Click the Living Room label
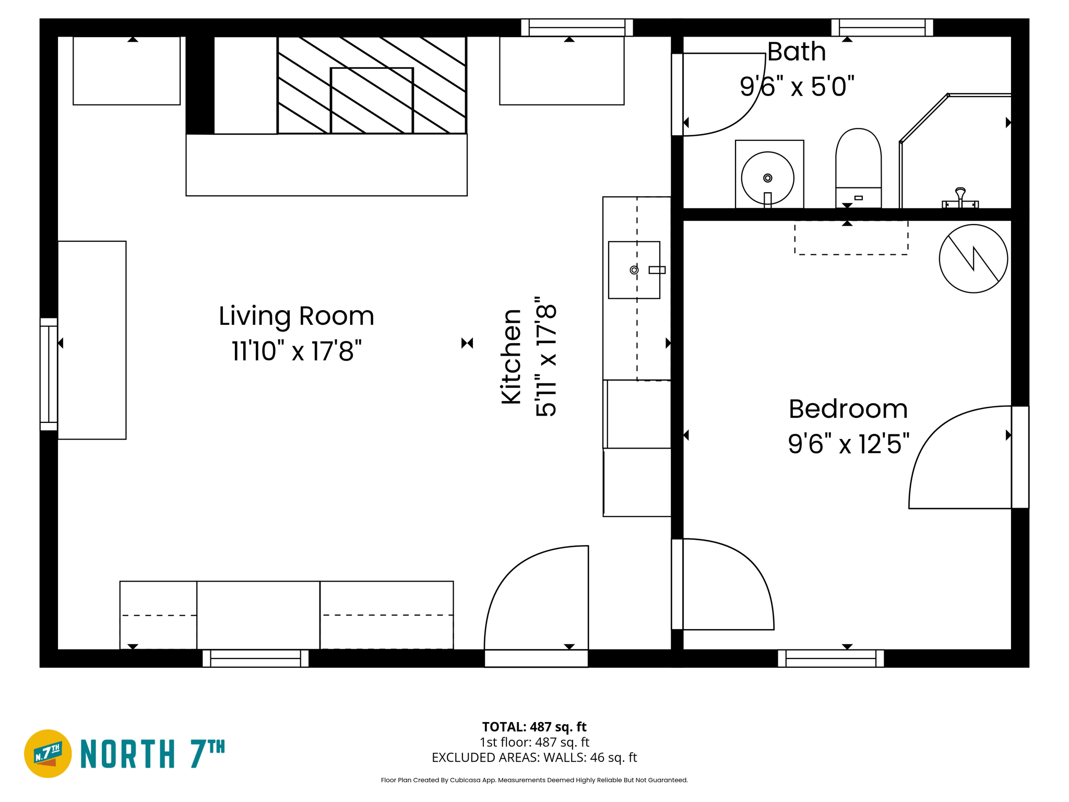coord(296,316)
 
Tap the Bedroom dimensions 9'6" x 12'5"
coord(848,444)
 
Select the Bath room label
coord(796,52)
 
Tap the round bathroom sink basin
coord(767,178)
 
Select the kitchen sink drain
coord(634,270)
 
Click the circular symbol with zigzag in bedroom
coord(973,258)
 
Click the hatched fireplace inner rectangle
coord(372,100)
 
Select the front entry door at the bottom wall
coord(536,658)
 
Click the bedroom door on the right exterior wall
coord(1020,457)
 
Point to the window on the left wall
coord(49,374)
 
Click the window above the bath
coord(882,27)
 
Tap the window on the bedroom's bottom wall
coord(830,658)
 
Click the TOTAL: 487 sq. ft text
coord(534,727)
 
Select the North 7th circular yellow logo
coord(48,753)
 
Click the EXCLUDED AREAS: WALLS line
coord(534,757)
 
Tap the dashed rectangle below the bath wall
coord(851,238)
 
